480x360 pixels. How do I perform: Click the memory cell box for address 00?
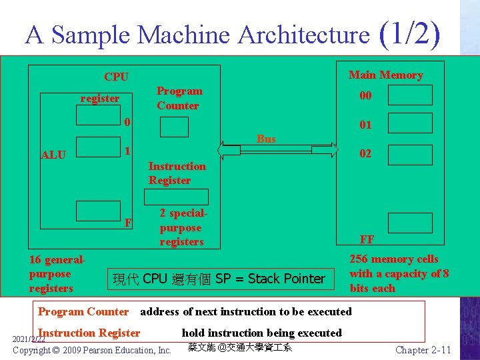[410, 95]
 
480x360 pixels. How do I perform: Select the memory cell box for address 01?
[410, 125]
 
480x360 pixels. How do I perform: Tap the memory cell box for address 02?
[410, 153]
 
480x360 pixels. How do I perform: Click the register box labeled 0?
[98, 116]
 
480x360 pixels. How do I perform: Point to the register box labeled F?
[98, 211]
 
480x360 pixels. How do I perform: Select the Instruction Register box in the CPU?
[177, 197]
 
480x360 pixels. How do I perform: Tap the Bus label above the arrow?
[266, 139]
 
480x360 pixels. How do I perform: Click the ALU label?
[53, 155]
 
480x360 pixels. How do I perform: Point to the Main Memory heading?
[385, 75]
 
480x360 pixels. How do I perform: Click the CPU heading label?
[116, 77]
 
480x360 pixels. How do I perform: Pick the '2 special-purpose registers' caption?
[182, 227]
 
